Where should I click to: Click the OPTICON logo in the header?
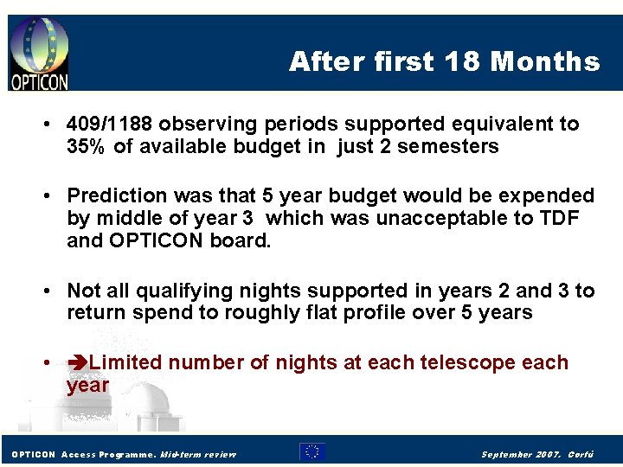click(x=38, y=53)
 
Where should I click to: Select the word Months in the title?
click(x=544, y=61)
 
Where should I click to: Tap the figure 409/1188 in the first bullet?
click(x=112, y=124)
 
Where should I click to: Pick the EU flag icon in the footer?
click(x=311, y=451)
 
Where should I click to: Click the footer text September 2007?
click(x=521, y=453)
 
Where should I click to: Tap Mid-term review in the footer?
click(x=198, y=453)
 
